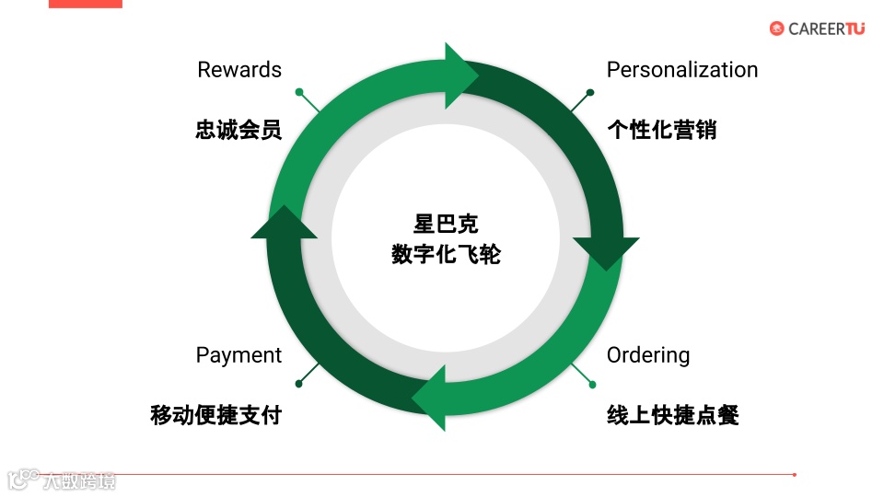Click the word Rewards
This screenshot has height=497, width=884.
pos(239,70)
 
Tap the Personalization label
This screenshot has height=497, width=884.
pos(681,70)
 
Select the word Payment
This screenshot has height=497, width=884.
pos(238,355)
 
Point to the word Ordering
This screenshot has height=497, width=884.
pos(647,355)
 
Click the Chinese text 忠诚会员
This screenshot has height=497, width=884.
pos(238,130)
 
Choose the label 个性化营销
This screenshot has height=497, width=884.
pos(661,130)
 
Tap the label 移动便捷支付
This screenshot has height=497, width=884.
pos(215,415)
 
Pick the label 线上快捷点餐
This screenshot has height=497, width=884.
pos(672,415)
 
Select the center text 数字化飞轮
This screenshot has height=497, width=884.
pos(446,254)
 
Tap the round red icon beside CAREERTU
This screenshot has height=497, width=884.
pos(777,29)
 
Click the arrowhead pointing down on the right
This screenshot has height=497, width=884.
pos(606,253)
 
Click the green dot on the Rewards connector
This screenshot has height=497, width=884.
pos(299,91)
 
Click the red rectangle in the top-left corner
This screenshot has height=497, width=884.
pos(85,4)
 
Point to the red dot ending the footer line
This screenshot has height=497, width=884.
pos(794,475)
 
